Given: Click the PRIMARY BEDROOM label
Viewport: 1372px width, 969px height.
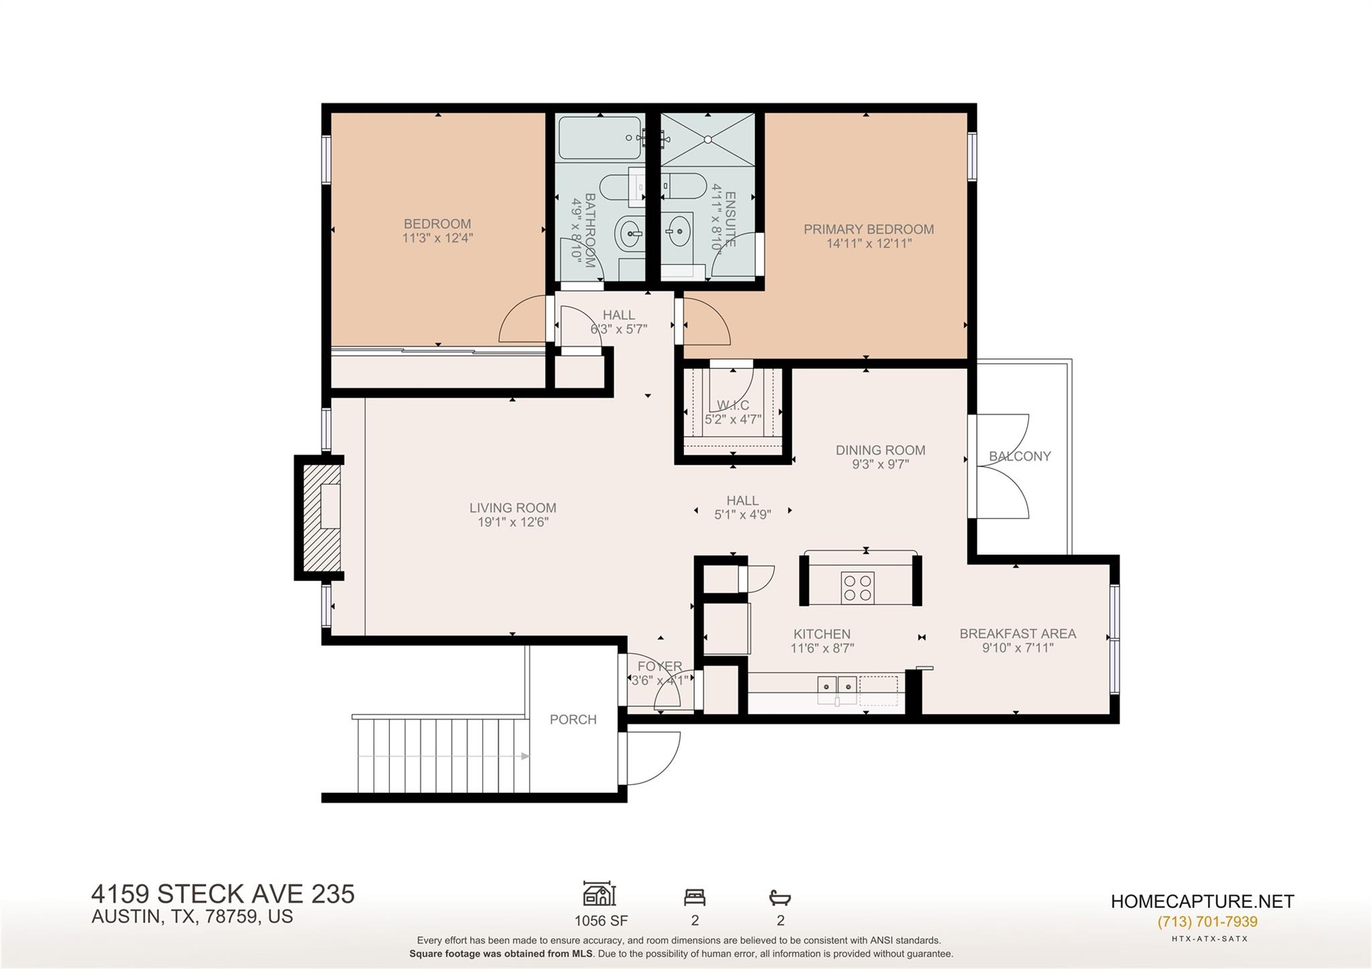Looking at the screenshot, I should pyautogui.click(x=868, y=229).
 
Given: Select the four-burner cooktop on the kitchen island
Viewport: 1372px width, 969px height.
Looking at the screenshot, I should pyautogui.click(x=857, y=588).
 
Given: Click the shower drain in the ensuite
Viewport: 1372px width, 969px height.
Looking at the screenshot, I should pyautogui.click(x=707, y=139).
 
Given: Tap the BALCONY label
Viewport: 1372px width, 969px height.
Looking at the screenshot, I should pyautogui.click(x=1020, y=456).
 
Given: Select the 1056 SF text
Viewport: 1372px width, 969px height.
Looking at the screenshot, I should pyautogui.click(x=601, y=920).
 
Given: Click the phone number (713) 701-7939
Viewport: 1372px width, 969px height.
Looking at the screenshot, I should pyautogui.click(x=1207, y=921).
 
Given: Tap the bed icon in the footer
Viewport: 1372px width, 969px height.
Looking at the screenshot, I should pyautogui.click(x=695, y=897).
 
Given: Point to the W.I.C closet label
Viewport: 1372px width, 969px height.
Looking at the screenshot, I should pyautogui.click(x=733, y=405).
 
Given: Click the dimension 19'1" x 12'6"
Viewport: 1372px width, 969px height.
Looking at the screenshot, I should pyautogui.click(x=512, y=522).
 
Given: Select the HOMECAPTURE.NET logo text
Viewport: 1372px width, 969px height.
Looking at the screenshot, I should pyautogui.click(x=1202, y=901).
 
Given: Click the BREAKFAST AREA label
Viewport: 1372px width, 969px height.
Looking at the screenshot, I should pyautogui.click(x=1017, y=633).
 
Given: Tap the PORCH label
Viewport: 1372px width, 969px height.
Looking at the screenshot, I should pyautogui.click(x=573, y=719).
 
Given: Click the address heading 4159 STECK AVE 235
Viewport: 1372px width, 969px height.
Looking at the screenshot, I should pyautogui.click(x=222, y=894).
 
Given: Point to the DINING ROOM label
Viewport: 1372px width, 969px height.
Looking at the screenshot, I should pyautogui.click(x=880, y=450).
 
